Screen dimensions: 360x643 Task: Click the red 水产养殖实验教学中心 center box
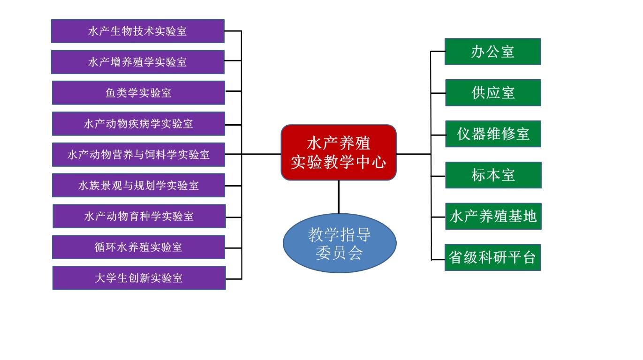339,152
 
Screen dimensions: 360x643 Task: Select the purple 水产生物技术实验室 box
137,31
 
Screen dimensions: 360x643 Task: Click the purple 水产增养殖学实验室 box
137,62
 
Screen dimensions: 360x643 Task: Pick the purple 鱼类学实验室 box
138,93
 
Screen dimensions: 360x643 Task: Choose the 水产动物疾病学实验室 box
138,124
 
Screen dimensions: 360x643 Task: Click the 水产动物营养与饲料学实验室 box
138,155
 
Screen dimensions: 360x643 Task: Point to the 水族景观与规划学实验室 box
138,185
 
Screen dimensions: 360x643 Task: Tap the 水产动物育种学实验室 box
139,216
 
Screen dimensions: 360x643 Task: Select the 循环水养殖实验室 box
138,247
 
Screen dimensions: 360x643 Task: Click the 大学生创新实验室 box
139,278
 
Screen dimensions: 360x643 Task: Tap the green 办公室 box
492,52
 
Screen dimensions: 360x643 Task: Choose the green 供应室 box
493,93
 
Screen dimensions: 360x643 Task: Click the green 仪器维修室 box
493,134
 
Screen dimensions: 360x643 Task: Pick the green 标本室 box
493,175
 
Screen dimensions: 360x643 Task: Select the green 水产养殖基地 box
493,216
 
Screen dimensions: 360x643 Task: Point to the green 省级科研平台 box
492,257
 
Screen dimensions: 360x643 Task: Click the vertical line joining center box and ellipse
339,197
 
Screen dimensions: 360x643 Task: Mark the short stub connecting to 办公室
438,52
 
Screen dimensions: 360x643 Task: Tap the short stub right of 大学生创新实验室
234,279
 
